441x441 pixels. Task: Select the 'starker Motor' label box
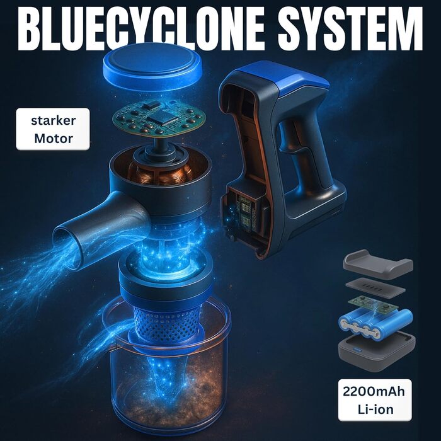[53, 129]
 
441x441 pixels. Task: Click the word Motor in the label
[53, 138]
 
